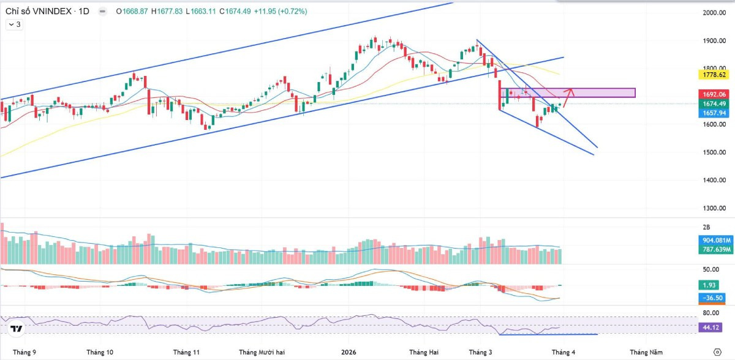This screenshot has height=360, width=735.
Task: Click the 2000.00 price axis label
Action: pyautogui.click(x=714, y=13)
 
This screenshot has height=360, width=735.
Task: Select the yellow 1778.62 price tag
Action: pyautogui.click(x=714, y=74)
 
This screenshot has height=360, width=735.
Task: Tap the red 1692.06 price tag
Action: pyautogui.click(x=714, y=94)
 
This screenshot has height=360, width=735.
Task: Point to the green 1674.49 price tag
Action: pyautogui.click(x=714, y=103)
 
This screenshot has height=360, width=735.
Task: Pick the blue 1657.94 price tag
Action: pyautogui.click(x=714, y=113)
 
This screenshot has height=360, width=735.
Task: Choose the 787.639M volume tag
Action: pyautogui.click(x=714, y=249)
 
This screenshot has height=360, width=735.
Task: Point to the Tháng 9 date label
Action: pyautogui.click(x=24, y=352)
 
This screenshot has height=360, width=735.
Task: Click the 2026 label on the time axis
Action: pyautogui.click(x=348, y=352)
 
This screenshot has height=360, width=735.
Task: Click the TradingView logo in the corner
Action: pyautogui.click(x=17, y=329)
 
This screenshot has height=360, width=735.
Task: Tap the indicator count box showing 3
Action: pyautogui.click(x=14, y=24)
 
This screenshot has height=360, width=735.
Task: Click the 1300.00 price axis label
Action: pyautogui.click(x=714, y=208)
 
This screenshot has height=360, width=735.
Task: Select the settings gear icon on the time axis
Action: pyautogui.click(x=717, y=352)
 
